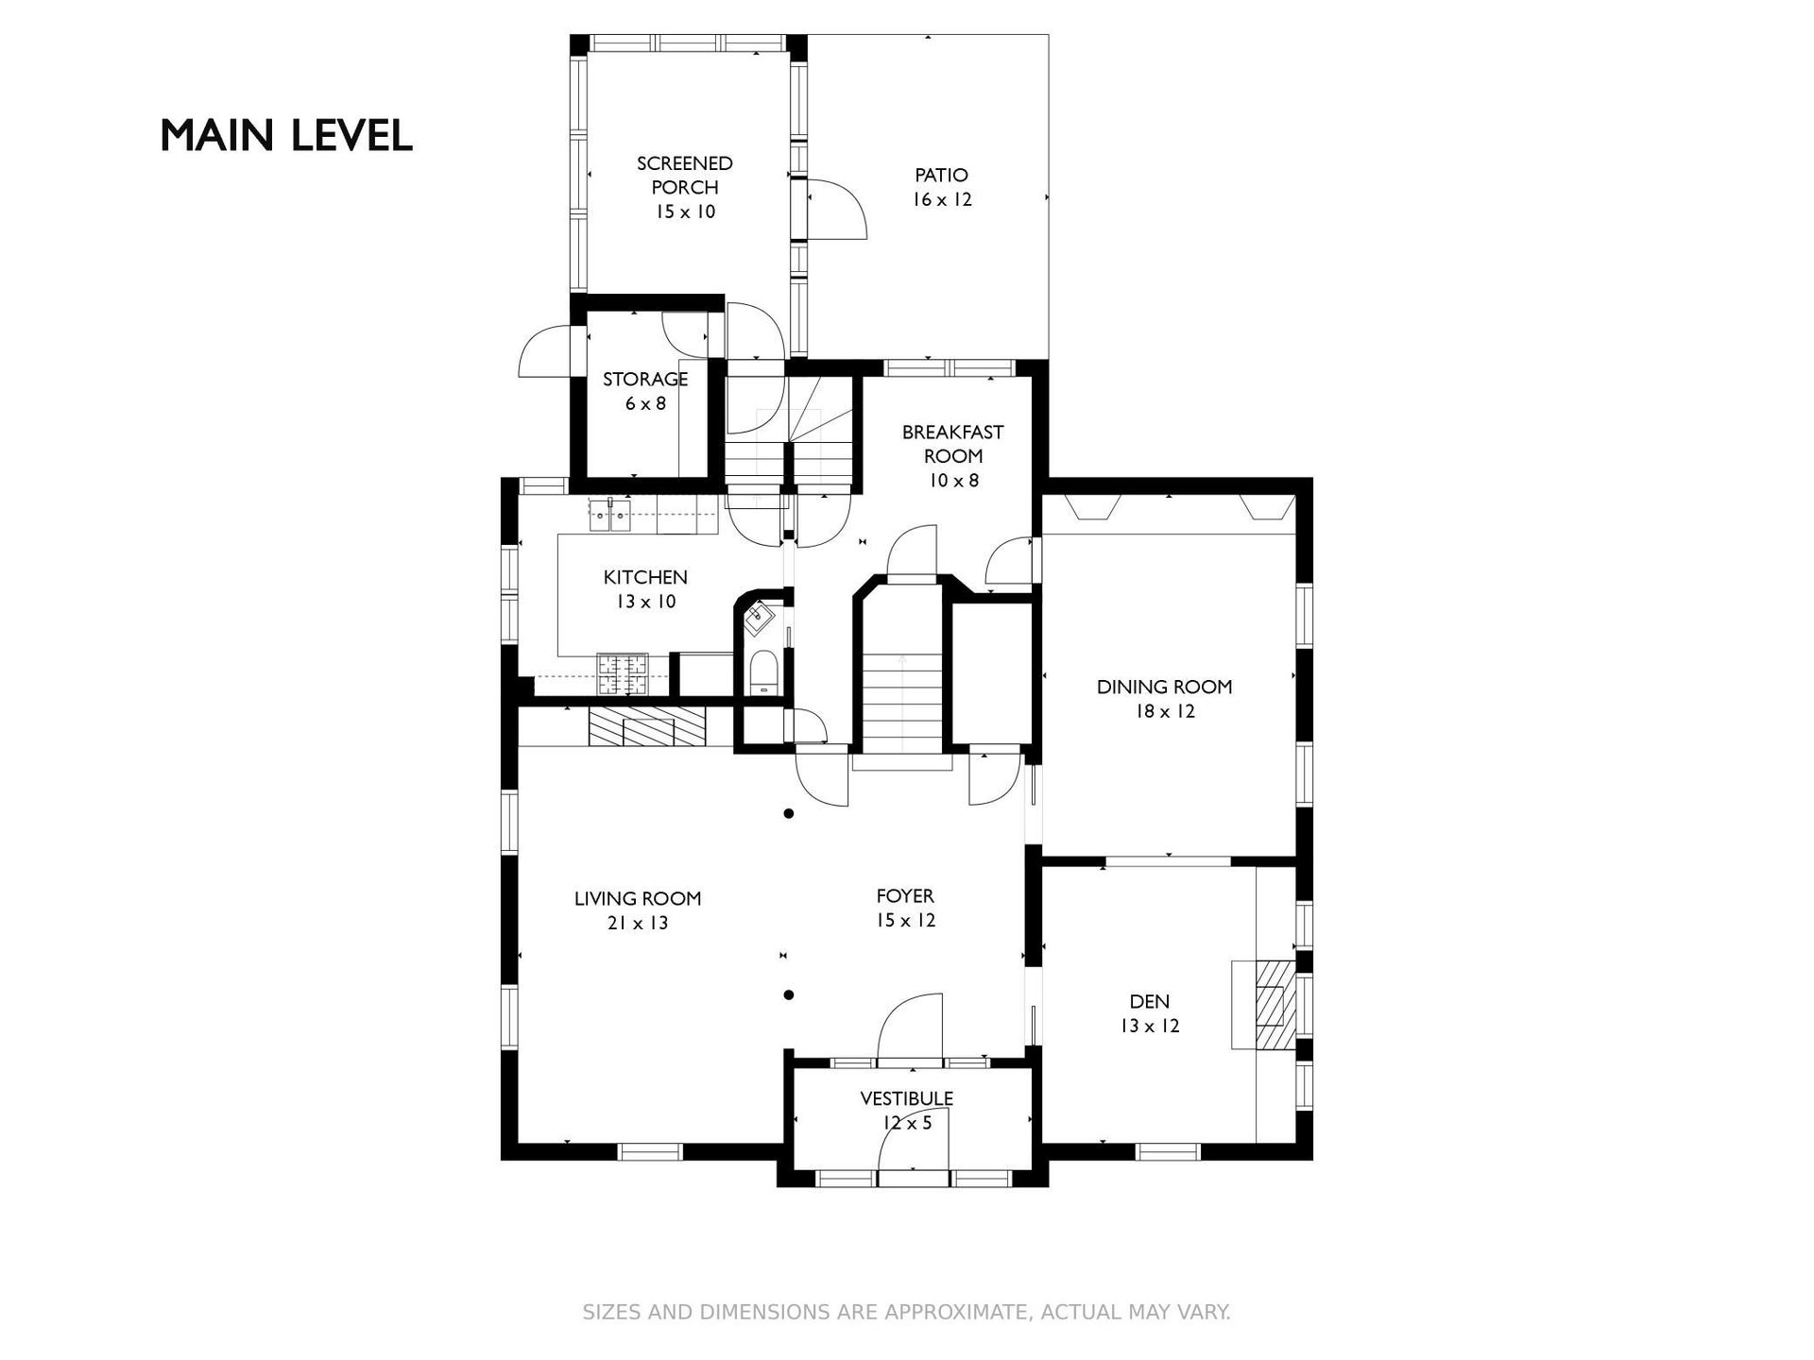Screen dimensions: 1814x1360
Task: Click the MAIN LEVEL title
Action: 286,136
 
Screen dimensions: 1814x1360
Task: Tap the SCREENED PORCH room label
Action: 685,187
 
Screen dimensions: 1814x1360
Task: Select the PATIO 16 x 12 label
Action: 942,187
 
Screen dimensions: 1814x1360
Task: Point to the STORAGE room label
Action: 645,391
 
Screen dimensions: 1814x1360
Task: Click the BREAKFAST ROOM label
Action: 953,455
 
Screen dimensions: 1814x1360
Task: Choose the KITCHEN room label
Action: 645,589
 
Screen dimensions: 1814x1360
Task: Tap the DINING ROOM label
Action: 1164,699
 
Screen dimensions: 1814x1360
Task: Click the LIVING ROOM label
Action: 638,910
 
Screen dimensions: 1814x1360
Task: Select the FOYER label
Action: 905,908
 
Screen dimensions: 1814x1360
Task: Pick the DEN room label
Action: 1150,1013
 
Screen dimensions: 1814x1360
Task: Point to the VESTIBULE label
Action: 906,1111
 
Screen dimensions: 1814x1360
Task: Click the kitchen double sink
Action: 610,515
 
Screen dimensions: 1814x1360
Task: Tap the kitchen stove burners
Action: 623,674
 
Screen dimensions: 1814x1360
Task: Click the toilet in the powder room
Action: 762,674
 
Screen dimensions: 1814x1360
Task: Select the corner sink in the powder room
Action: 760,617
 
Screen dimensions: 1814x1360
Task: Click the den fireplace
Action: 1263,1005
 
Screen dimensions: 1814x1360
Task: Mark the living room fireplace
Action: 647,727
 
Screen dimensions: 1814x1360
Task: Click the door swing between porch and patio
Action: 837,209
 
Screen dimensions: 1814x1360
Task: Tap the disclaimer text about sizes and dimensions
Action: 906,1312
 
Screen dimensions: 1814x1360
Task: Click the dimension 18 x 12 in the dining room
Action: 1165,711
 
